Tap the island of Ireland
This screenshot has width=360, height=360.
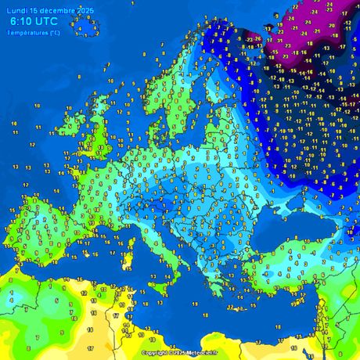(x=76, y=134)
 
